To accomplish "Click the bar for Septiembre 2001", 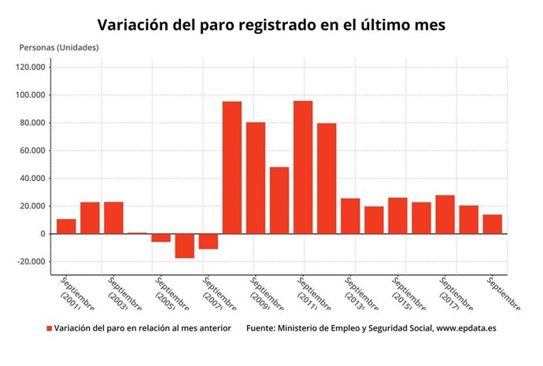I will pos(66,227).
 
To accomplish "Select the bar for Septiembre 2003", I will pos(113,218).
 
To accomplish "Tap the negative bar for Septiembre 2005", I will pos(161,238).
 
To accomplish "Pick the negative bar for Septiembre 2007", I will pos(208,241).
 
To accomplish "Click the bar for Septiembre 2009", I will pos(255,178).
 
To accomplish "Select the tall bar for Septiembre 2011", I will pos(303,167).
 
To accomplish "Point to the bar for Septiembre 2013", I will pos(350,216).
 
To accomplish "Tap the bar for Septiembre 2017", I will pos(445,215).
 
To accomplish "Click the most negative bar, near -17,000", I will pos(184,246).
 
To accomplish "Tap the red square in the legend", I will pos(49,329).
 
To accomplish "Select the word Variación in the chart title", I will pos(131,24).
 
